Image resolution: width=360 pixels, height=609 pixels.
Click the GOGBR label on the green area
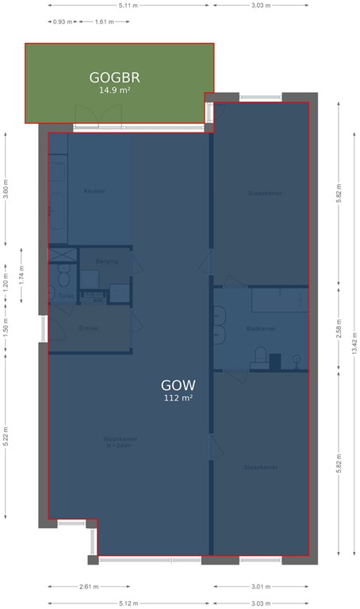(119, 77)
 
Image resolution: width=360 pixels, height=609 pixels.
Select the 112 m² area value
(179, 397)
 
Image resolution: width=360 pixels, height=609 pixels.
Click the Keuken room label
(94, 191)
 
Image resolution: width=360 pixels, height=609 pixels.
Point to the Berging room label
(107, 261)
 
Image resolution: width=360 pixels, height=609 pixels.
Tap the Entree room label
(88, 328)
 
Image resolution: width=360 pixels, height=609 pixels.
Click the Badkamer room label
(262, 327)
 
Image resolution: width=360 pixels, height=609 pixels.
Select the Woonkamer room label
(120, 440)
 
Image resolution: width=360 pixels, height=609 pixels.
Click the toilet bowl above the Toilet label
(63, 278)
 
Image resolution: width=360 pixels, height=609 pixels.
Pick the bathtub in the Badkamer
(279, 300)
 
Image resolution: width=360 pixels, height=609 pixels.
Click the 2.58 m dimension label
(339, 329)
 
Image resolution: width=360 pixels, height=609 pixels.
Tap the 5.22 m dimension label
(6, 436)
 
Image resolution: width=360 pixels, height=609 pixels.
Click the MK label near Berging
(98, 301)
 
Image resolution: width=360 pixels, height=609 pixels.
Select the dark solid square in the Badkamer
(275, 362)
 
